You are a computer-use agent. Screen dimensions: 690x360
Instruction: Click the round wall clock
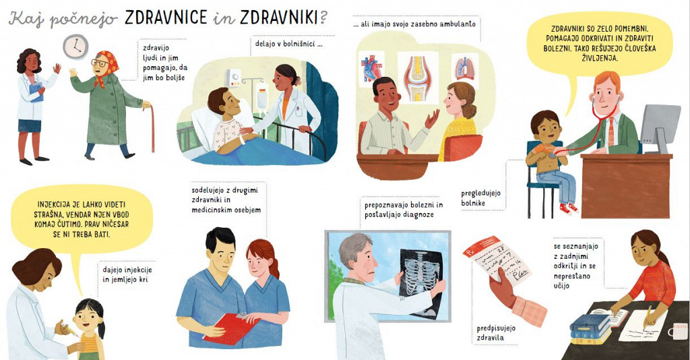pos(75,47)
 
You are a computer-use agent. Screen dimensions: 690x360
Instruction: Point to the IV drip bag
pos(262,98)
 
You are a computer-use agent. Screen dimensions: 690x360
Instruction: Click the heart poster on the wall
pos(371,69)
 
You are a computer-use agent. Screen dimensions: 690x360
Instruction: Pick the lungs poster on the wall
pos(465,69)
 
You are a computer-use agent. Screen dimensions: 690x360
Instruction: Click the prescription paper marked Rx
pos(497,261)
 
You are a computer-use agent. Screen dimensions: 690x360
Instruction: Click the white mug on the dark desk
pos(679,332)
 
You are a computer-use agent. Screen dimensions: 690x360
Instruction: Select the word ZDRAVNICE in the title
pos(166,18)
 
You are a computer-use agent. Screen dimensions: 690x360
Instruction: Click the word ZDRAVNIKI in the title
pos(280,18)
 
